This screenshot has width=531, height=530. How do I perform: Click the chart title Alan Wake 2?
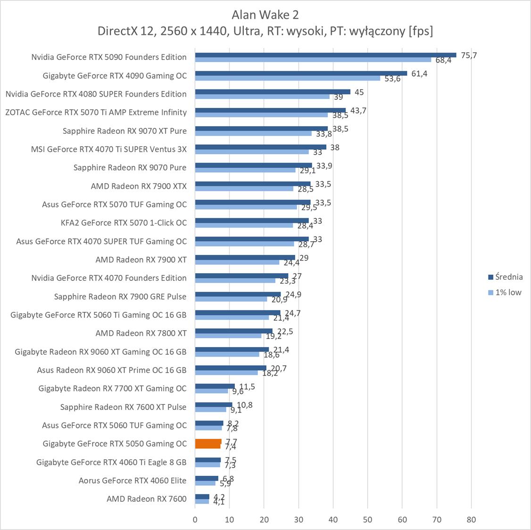click(x=265, y=15)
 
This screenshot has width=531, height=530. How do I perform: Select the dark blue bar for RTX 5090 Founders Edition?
click(x=325, y=55)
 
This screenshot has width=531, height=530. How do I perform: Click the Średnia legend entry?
click(x=505, y=277)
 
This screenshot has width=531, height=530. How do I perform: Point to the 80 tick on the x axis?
click(x=471, y=520)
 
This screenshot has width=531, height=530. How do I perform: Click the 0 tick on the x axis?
click(x=195, y=520)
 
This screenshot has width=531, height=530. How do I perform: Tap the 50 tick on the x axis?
click(x=368, y=520)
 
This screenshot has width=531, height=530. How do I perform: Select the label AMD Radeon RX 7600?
click(x=147, y=499)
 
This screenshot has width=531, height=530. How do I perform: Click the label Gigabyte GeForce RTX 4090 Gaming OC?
click(x=115, y=75)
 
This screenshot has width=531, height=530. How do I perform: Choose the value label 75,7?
click(x=469, y=56)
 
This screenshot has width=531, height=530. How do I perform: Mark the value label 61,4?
click(x=419, y=73)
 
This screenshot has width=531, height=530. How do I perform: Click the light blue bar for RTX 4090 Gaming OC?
click(x=288, y=78)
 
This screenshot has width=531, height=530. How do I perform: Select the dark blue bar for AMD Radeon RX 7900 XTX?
click(x=253, y=184)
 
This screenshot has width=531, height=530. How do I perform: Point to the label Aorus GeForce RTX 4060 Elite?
click(x=133, y=481)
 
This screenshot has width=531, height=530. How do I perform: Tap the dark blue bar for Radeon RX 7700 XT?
click(x=215, y=386)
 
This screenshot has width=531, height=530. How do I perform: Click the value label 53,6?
click(x=392, y=79)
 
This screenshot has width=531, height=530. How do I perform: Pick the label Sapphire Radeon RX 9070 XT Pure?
click(x=124, y=130)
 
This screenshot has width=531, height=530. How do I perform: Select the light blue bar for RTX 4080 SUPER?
click(x=262, y=97)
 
